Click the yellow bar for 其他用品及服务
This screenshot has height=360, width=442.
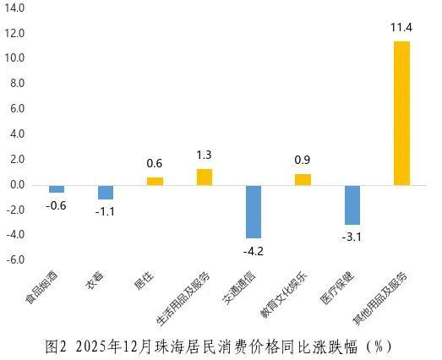click(x=401, y=113)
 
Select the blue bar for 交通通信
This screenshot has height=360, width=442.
click(x=254, y=211)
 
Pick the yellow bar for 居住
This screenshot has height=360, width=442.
click(x=155, y=181)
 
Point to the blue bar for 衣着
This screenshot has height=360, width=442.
click(x=106, y=192)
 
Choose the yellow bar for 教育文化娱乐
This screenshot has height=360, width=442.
click(x=303, y=179)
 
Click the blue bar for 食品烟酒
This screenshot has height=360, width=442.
click(x=57, y=188)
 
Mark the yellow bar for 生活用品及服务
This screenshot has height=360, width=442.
click(x=205, y=177)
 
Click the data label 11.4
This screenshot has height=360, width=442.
click(x=401, y=28)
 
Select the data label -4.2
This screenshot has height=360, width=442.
click(x=254, y=250)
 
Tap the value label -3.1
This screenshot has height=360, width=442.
click(x=352, y=237)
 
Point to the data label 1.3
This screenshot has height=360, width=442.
click(x=205, y=155)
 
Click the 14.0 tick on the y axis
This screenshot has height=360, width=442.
click(x=15, y=8)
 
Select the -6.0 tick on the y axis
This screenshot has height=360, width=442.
click(x=16, y=259)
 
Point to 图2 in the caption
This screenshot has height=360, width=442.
click(x=56, y=346)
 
